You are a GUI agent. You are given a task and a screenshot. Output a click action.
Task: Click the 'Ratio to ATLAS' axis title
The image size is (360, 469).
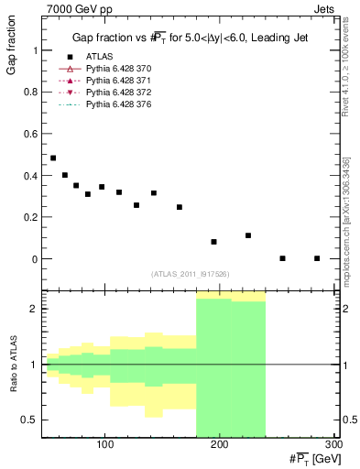click(x=12, y=365)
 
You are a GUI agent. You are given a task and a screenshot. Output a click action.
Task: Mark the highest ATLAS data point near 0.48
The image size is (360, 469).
click(x=53, y=158)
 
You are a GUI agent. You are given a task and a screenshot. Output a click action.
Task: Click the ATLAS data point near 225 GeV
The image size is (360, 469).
click(x=248, y=235)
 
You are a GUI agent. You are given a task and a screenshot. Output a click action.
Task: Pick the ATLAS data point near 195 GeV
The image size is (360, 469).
click(x=213, y=242)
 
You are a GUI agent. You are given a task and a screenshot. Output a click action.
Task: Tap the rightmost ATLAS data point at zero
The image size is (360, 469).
click(x=317, y=258)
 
